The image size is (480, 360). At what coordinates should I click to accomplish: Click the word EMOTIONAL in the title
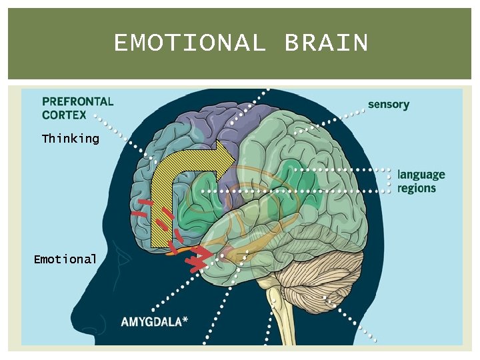tap(189, 43)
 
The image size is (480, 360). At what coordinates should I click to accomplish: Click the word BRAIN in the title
tap(326, 43)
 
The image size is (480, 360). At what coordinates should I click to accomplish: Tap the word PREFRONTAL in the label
tap(78, 102)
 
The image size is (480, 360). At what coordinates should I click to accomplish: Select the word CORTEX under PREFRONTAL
tap(64, 115)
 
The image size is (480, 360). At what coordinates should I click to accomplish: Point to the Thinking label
tap(70, 139)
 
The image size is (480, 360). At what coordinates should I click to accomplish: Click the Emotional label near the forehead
tap(65, 259)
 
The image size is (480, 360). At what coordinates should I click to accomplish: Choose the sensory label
tap(389, 104)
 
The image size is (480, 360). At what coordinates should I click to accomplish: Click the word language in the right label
tap(421, 175)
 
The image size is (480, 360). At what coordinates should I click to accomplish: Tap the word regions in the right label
tap(417, 188)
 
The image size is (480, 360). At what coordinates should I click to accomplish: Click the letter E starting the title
tap(121, 43)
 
